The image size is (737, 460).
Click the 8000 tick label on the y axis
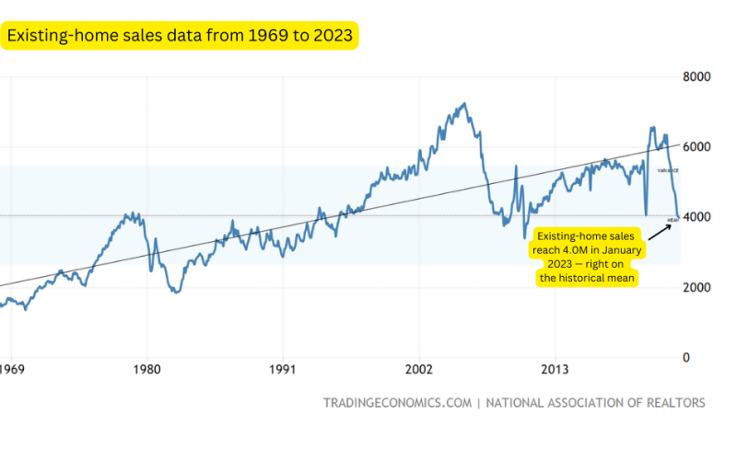[697, 76]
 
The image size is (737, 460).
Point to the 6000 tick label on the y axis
[697, 147]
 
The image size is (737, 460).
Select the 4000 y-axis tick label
[697, 217]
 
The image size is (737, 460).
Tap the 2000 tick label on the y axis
[697, 287]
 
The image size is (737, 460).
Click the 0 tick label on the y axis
[686, 357]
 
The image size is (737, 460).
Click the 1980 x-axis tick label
[146, 371]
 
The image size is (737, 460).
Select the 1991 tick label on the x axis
[282, 371]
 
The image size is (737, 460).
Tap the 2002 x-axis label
[418, 371]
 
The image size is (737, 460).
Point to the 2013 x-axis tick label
[555, 371]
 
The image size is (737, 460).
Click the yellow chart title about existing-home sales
[181, 36]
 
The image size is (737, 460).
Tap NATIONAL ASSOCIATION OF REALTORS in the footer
[595, 403]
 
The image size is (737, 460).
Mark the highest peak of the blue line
[463, 103]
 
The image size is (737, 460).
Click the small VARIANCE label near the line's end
[668, 170]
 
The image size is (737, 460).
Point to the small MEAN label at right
[673, 221]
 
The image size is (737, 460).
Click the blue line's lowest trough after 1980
[176, 293]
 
